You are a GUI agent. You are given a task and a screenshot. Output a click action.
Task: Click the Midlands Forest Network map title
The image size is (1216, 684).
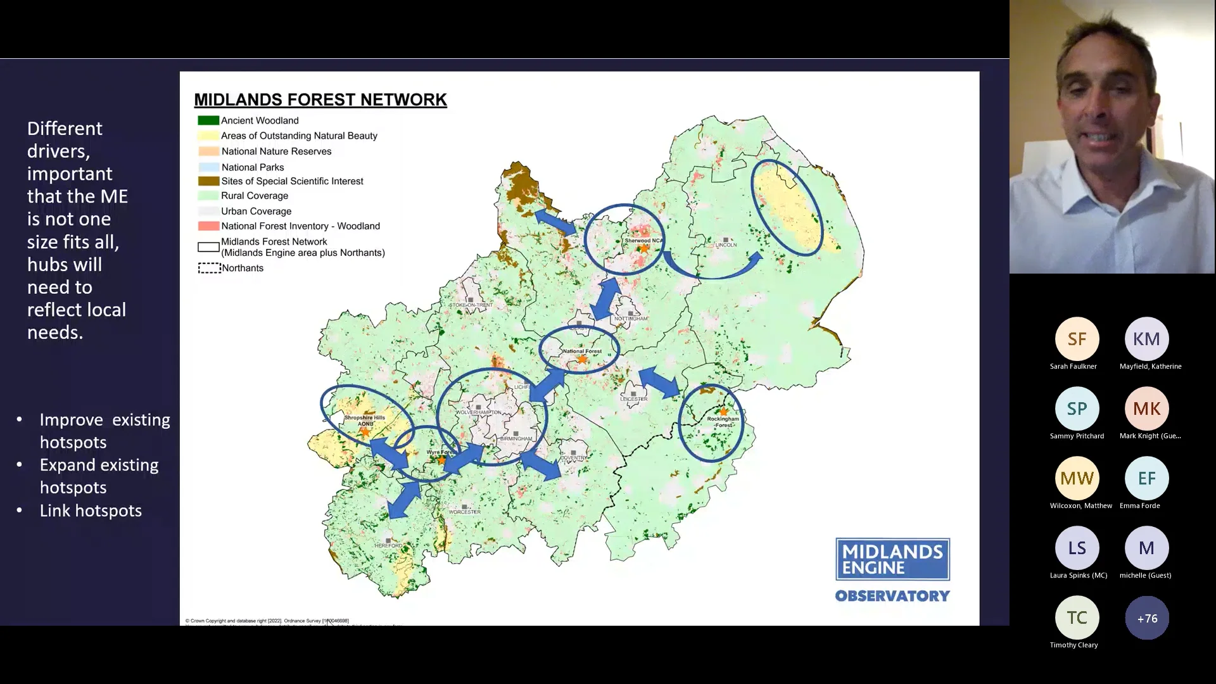tap(320, 100)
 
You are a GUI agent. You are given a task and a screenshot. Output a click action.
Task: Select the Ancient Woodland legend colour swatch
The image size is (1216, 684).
tap(208, 120)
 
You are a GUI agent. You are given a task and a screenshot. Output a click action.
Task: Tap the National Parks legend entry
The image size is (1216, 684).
tap(252, 167)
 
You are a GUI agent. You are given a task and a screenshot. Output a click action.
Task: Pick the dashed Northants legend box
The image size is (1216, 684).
tap(208, 268)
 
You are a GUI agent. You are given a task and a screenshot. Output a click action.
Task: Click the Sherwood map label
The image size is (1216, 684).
tap(643, 241)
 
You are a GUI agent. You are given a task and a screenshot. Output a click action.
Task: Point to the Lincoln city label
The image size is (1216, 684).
tap(726, 244)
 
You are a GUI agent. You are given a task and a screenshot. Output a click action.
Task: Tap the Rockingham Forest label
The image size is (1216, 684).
tap(723, 422)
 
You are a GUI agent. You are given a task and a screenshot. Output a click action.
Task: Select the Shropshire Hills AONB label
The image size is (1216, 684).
tap(364, 421)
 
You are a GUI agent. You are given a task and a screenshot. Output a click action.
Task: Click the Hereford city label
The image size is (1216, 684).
tap(388, 545)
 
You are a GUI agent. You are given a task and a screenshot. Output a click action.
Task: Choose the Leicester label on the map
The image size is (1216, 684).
tap(633, 399)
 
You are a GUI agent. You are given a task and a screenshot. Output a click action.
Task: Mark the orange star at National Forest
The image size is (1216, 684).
tap(582, 360)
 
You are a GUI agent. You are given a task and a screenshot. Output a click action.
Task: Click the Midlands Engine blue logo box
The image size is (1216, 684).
tap(892, 559)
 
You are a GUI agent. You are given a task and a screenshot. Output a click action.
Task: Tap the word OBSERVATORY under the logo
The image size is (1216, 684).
tap(892, 596)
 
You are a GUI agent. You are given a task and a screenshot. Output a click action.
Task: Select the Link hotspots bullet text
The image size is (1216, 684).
tap(91, 510)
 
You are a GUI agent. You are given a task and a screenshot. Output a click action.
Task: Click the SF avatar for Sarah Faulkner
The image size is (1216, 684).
tap(1077, 339)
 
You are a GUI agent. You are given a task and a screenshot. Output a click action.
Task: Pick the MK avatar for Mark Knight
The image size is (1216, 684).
tap(1146, 408)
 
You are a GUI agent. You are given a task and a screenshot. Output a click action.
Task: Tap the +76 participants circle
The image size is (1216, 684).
tap(1146, 618)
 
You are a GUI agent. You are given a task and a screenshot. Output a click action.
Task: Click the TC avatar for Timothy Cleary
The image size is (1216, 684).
tap(1077, 617)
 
